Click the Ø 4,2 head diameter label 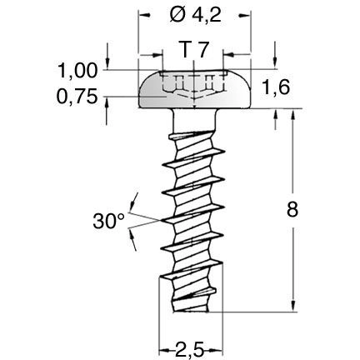point(195,14)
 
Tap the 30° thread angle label point(109,221)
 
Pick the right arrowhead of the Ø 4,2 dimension point(247,15)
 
